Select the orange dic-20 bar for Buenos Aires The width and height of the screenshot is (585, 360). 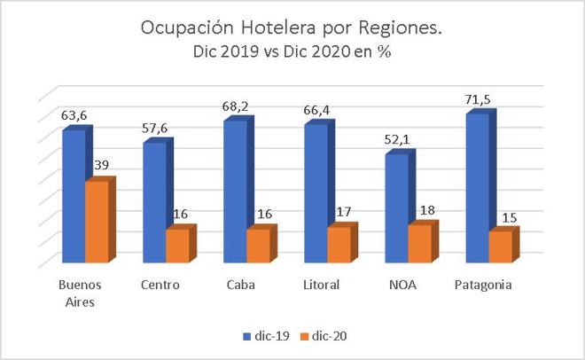pyautogui.click(x=96, y=222)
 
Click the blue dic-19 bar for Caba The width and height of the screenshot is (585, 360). pyautogui.click(x=235, y=192)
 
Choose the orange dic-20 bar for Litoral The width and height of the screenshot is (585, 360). pyautogui.click(x=338, y=245)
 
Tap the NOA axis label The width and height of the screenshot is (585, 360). pyautogui.click(x=401, y=286)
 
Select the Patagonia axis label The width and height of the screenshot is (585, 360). pyautogui.click(x=482, y=286)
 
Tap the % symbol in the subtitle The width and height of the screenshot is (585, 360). pyautogui.click(x=385, y=52)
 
